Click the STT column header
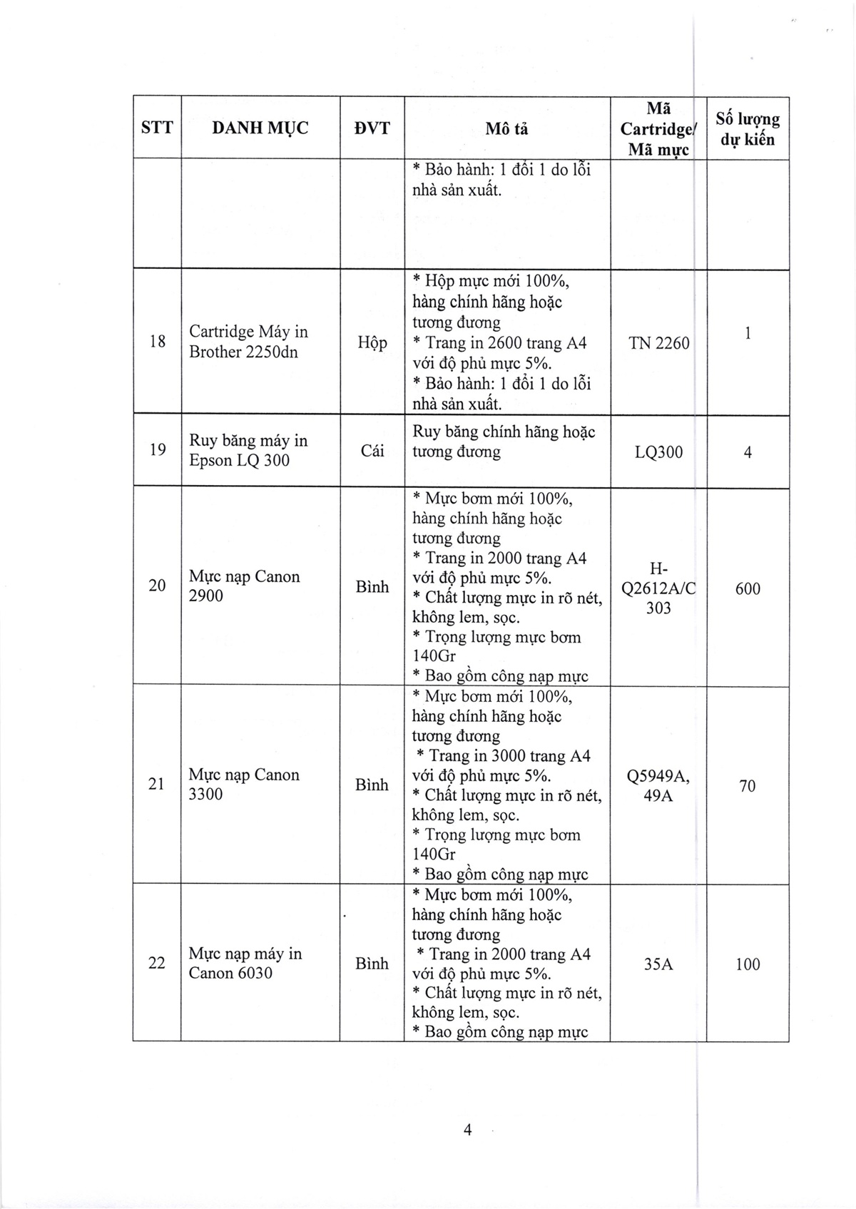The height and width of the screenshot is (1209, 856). click(x=157, y=128)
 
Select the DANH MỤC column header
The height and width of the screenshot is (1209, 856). click(x=260, y=128)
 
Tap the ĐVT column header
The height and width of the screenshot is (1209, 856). click(x=372, y=128)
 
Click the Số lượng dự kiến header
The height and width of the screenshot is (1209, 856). click(x=748, y=129)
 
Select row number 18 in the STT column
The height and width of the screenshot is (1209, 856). click(x=158, y=342)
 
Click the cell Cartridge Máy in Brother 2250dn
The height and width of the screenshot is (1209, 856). click(x=248, y=342)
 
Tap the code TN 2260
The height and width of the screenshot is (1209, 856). click(x=659, y=344)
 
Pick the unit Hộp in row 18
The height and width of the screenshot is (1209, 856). click(x=372, y=343)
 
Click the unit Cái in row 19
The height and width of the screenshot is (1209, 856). click(x=372, y=452)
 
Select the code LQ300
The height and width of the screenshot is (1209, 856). click(x=658, y=452)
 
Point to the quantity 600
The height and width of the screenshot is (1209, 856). click(x=748, y=589)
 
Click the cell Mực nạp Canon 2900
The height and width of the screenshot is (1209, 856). click(x=244, y=586)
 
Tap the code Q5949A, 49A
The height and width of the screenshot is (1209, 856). click(x=658, y=786)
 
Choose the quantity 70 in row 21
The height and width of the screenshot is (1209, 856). click(x=748, y=787)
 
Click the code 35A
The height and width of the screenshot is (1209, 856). click(x=658, y=964)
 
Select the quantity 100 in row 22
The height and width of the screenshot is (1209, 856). click(x=748, y=964)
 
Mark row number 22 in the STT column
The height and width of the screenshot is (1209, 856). click(x=157, y=964)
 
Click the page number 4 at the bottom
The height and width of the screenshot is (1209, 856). click(x=467, y=1131)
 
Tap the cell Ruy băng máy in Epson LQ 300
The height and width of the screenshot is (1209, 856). click(x=248, y=451)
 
